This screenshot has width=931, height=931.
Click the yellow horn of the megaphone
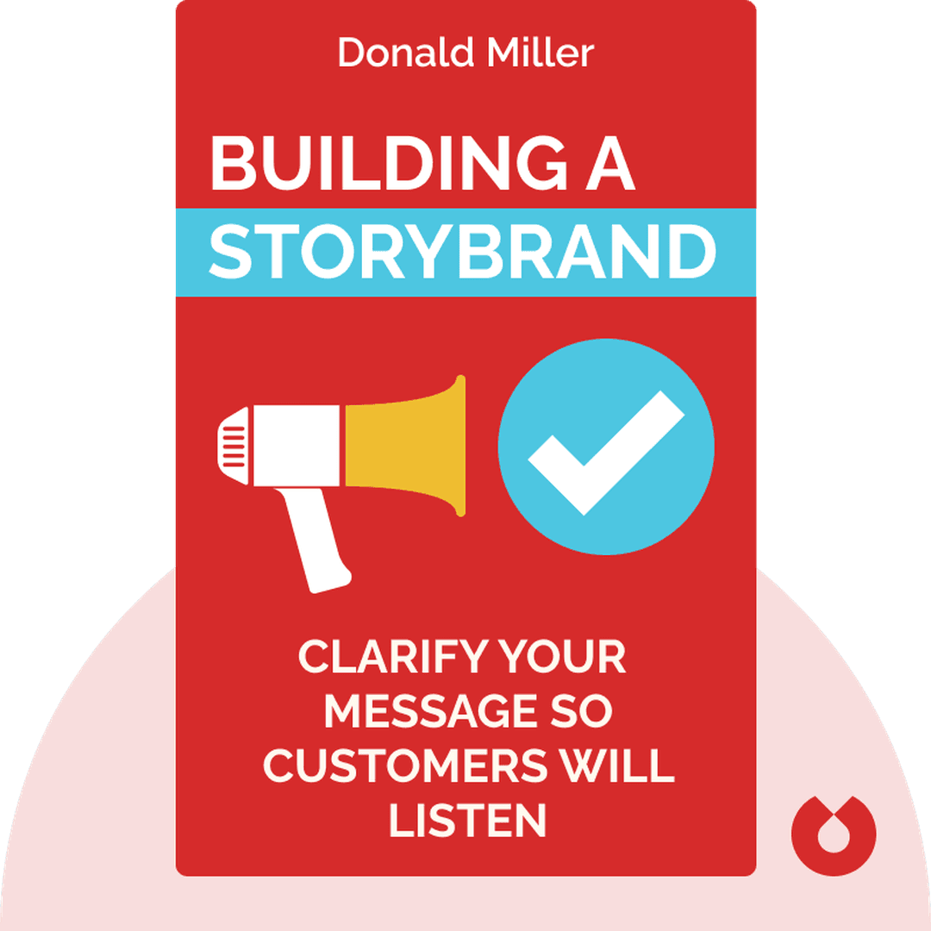(x=405, y=445)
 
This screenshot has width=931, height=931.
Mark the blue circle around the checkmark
(x=526, y=405)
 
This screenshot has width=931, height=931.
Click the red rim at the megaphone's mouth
(x=461, y=445)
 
